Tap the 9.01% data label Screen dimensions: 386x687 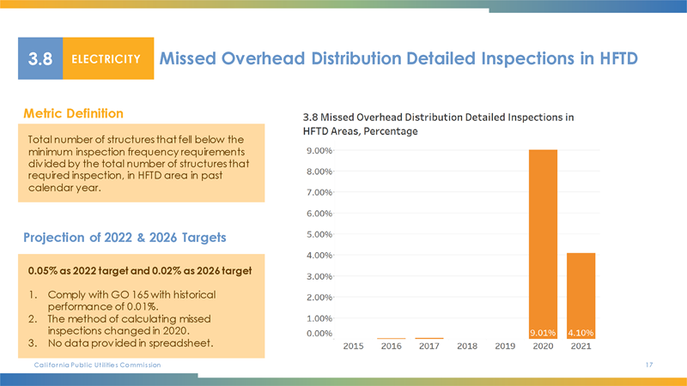coord(544,332)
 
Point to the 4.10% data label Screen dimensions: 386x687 coord(581,332)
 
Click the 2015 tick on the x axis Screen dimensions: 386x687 coord(354,347)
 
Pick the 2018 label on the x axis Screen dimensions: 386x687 coord(467,347)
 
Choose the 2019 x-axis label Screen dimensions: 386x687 coord(505,347)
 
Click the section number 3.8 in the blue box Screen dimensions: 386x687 coord(40,59)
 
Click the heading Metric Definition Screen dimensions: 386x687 coord(73,113)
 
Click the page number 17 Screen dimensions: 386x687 coord(650,366)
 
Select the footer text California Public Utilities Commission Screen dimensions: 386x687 coord(91,366)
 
